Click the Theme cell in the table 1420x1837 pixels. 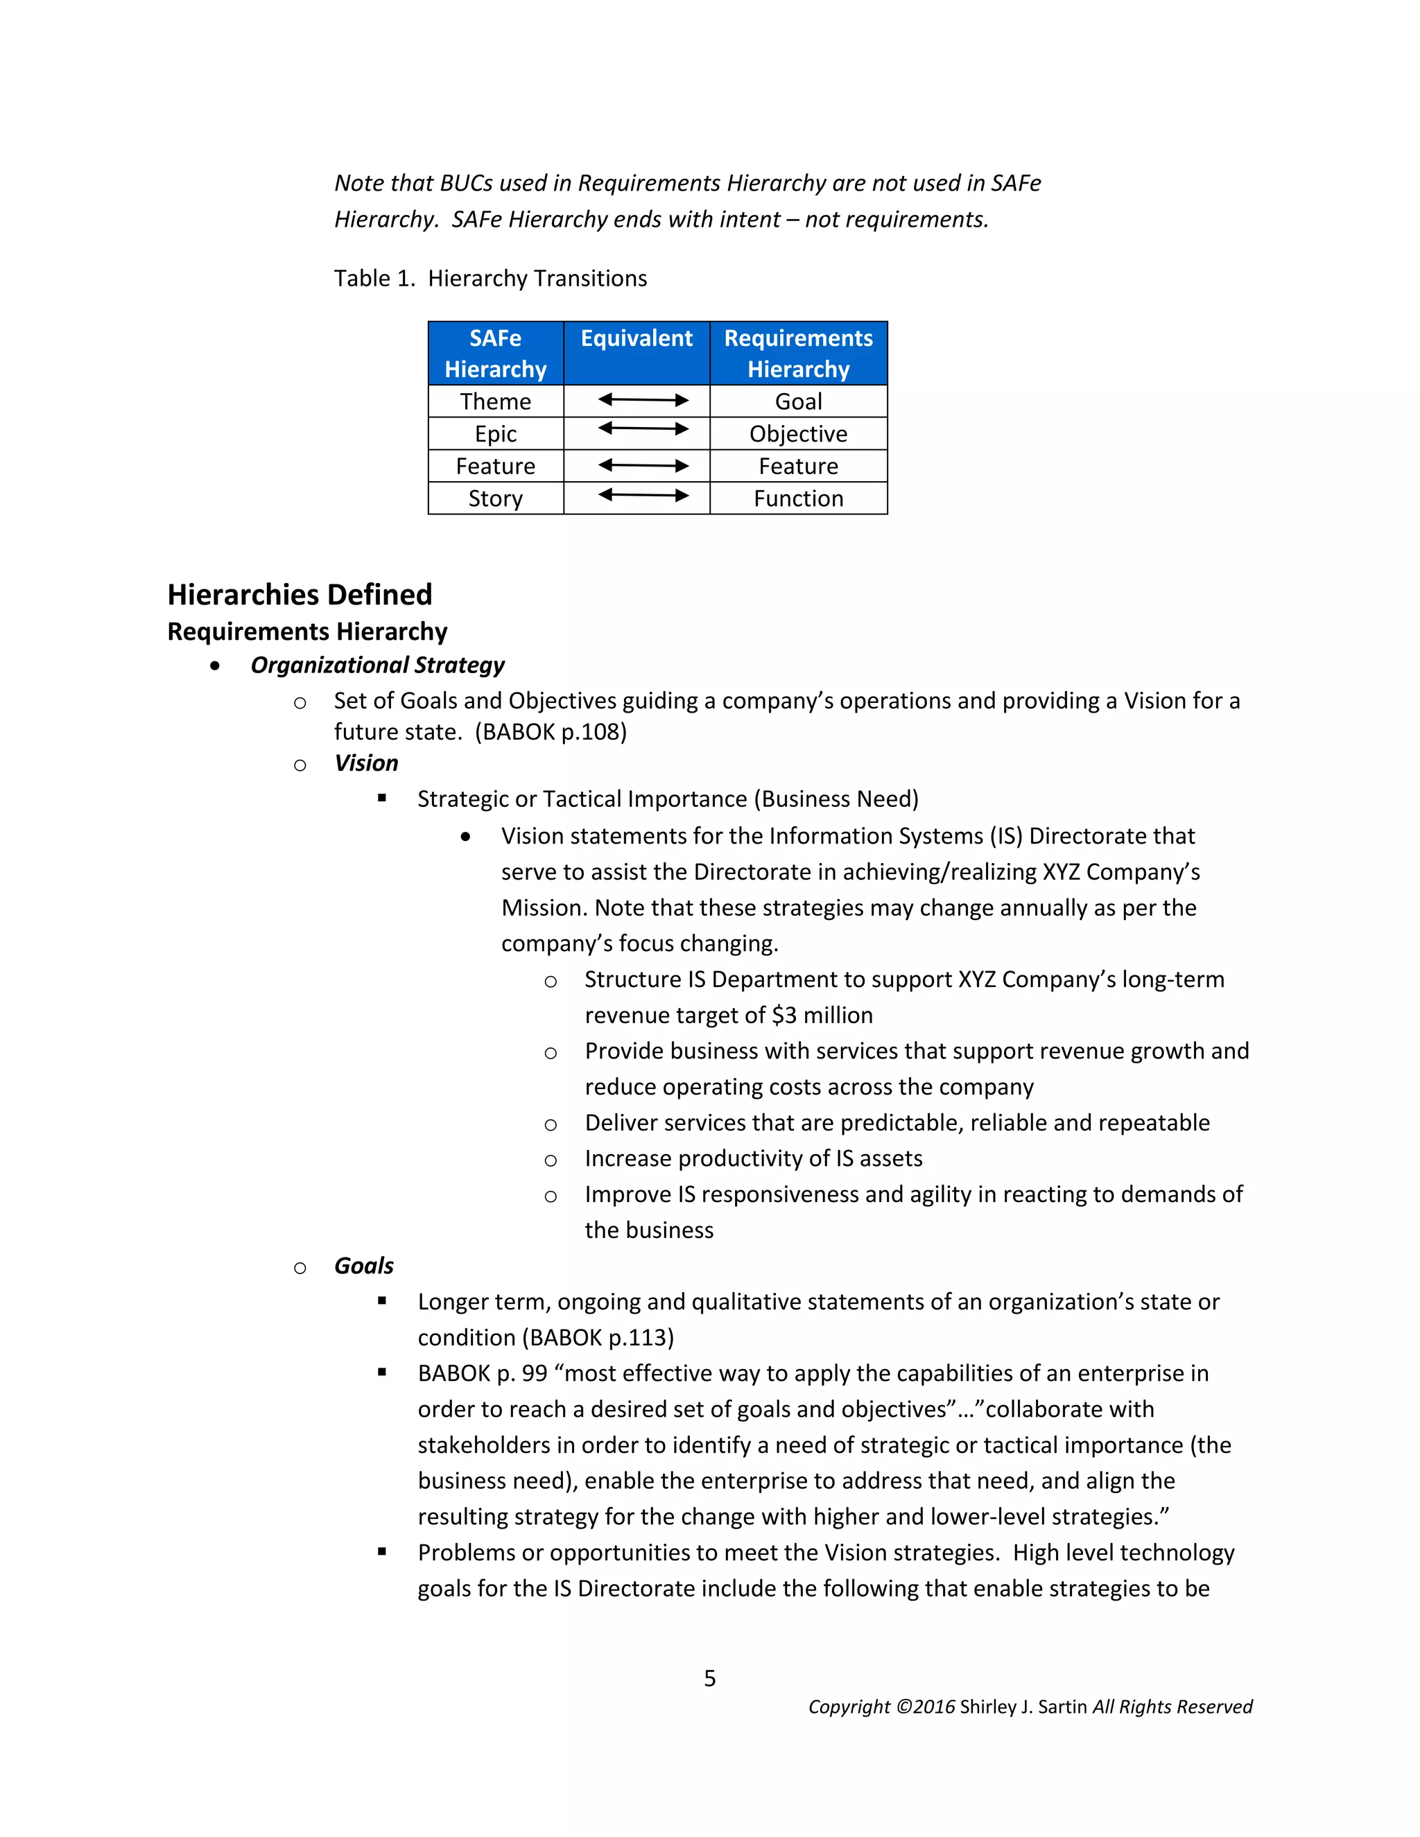click(x=496, y=401)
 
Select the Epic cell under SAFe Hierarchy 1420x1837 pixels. click(x=496, y=434)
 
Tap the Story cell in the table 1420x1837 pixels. click(x=496, y=499)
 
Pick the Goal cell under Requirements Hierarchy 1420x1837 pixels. click(x=798, y=401)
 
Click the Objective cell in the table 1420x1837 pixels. click(x=798, y=434)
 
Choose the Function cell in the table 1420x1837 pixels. click(x=798, y=499)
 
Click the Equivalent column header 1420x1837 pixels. click(x=636, y=338)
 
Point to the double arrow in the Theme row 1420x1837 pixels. click(x=643, y=401)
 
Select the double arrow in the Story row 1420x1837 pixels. click(x=643, y=496)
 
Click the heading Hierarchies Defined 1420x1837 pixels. click(x=300, y=595)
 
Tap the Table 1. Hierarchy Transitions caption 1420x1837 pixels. click(x=490, y=279)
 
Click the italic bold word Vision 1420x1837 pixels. click(x=366, y=763)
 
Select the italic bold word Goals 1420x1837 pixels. click(x=363, y=1266)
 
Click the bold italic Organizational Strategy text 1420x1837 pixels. click(x=377, y=665)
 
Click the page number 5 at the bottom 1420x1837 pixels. click(x=710, y=1678)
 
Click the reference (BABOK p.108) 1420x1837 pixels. click(x=551, y=732)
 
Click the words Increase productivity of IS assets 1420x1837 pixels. click(x=753, y=1158)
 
